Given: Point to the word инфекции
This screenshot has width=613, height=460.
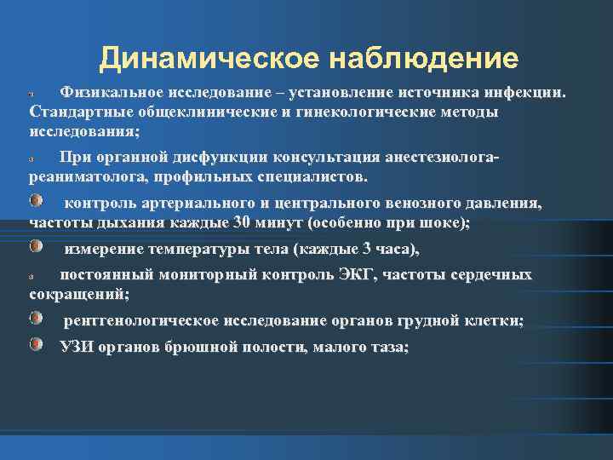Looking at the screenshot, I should click(x=520, y=91).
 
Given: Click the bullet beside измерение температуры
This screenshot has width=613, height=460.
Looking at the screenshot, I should click(x=36, y=247).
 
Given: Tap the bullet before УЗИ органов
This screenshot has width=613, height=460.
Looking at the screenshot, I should click(x=36, y=343).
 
